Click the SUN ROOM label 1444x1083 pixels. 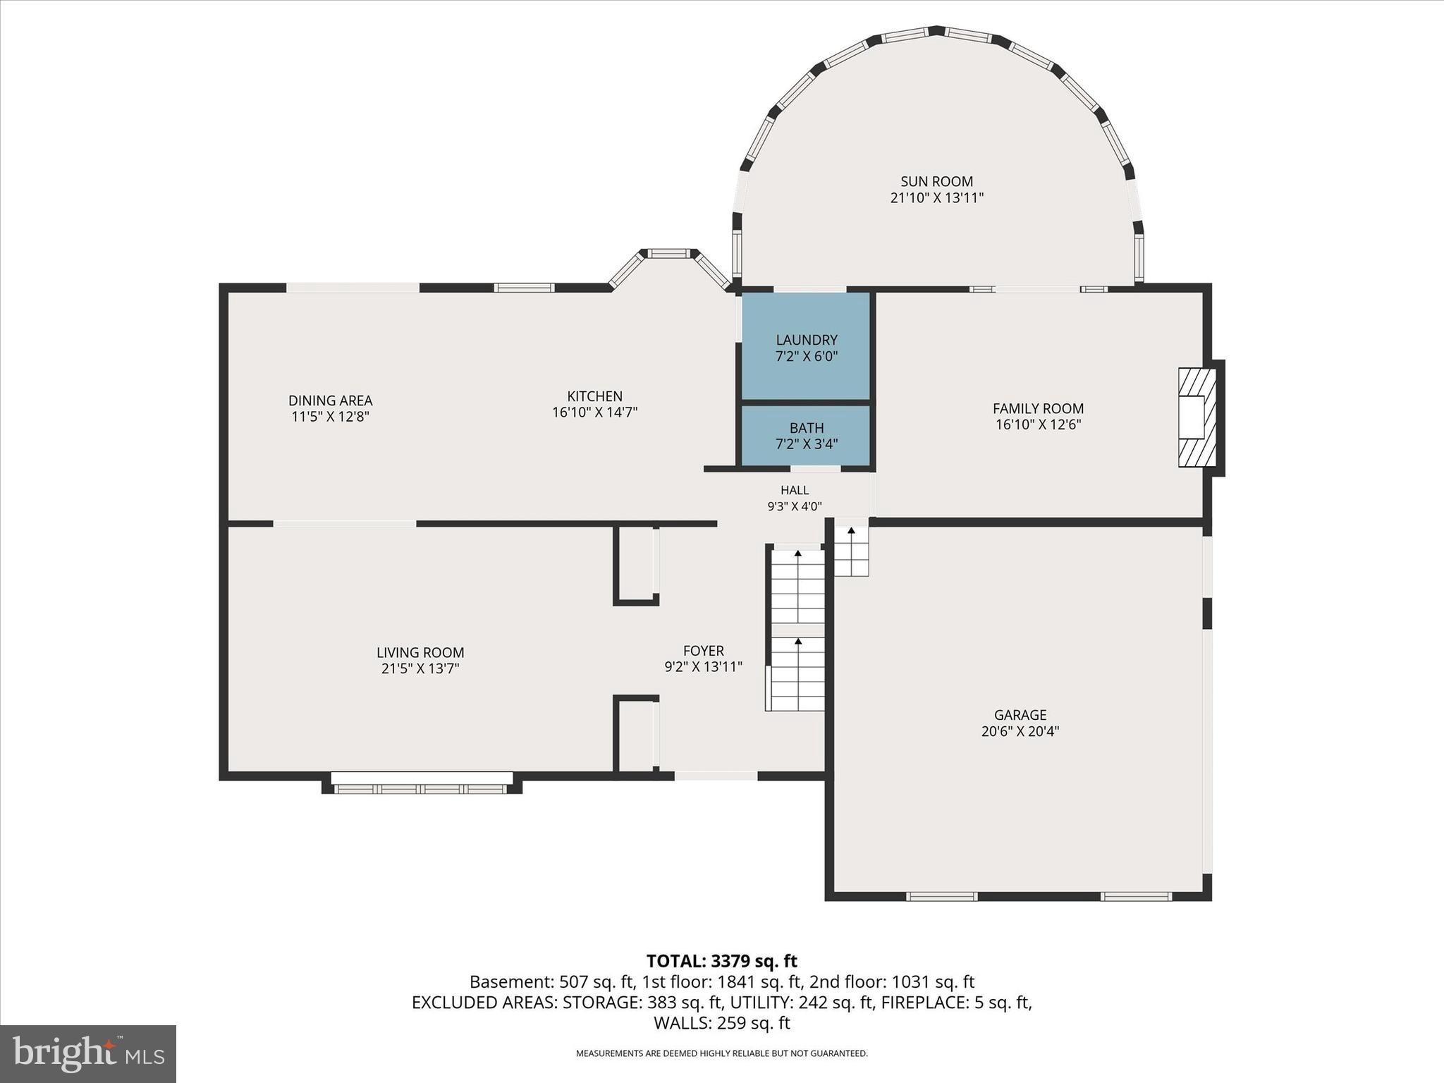(x=936, y=182)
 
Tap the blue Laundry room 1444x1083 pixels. (x=806, y=346)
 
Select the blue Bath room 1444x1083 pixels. (x=806, y=436)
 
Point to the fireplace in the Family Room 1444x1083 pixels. (x=1197, y=417)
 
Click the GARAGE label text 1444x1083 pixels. (x=1020, y=715)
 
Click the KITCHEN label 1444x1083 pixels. (x=595, y=396)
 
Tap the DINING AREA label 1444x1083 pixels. (x=331, y=400)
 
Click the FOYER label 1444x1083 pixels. (x=704, y=651)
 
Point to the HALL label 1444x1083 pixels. (x=795, y=490)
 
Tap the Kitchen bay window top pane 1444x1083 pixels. (x=669, y=253)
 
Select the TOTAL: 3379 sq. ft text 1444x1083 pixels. (x=722, y=961)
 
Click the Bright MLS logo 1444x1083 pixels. (x=88, y=1054)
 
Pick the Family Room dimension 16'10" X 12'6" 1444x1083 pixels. (x=1039, y=424)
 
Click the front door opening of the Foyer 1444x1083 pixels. (x=716, y=776)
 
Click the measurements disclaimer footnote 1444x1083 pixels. (x=722, y=1053)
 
